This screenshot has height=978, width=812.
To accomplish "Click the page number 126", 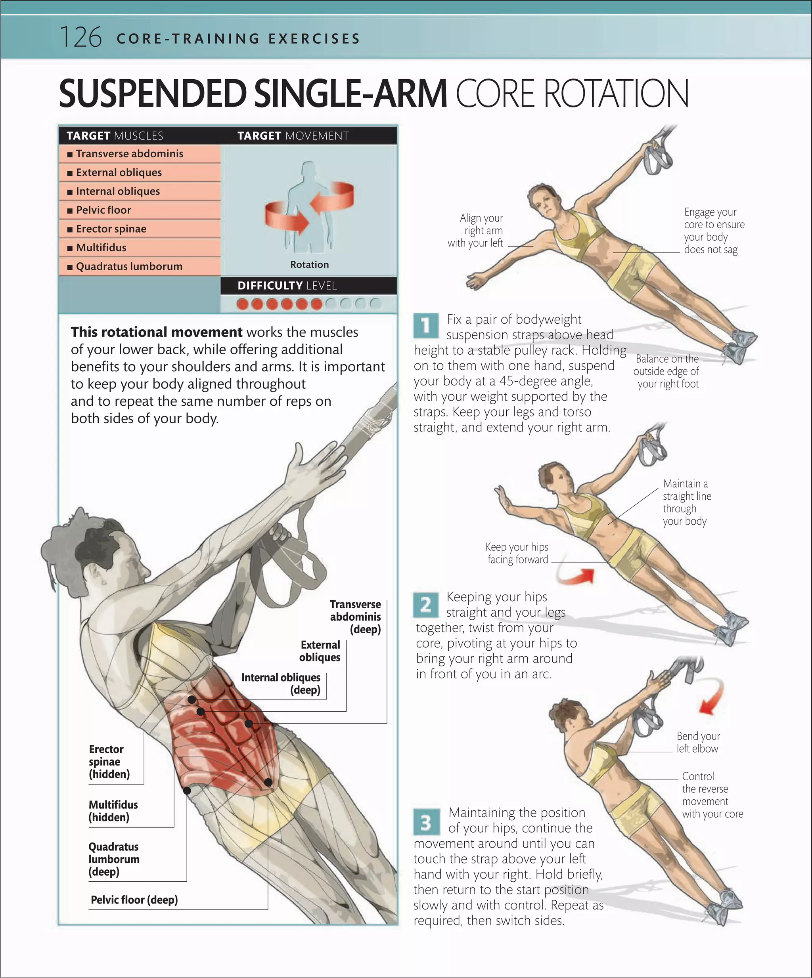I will point(81,38).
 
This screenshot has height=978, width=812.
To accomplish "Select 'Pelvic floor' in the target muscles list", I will point(103,210).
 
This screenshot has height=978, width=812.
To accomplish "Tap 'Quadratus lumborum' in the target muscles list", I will point(129,266).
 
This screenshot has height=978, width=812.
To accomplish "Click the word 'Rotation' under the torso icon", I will point(309,265).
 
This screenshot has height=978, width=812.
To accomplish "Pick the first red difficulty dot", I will point(242,304).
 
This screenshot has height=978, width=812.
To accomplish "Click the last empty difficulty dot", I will point(375,304).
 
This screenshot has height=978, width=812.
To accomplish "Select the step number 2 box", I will point(426,604).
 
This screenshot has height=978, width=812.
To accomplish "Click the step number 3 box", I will point(426,822).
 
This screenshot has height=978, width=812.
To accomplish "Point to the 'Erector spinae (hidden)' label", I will point(109,762).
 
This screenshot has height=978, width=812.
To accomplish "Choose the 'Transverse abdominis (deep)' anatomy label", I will point(356,617).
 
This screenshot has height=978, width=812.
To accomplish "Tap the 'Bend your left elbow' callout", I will point(698,742).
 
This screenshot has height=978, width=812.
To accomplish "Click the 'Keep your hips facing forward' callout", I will point(517,553).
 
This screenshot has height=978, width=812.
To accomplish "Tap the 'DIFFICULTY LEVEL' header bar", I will point(308,285).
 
